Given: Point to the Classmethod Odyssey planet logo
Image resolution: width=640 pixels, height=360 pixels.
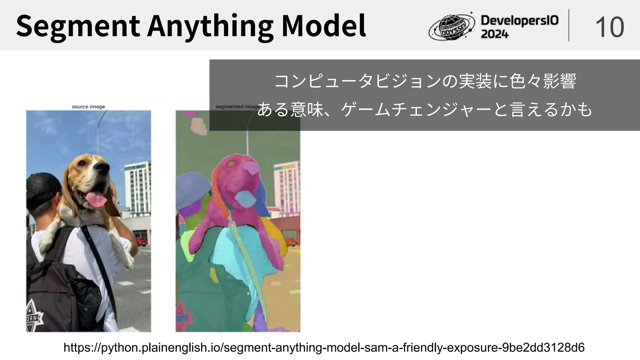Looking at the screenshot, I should [452, 27].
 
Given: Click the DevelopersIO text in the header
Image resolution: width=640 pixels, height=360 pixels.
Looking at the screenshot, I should [519, 21].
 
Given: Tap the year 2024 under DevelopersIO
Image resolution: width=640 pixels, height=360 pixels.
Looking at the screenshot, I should [495, 34].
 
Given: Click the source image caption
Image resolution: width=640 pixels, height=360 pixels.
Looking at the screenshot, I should [88, 107].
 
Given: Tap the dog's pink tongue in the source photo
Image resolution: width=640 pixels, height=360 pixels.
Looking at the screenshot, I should [96, 199].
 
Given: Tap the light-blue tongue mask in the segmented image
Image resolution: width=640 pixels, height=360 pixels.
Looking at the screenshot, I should [245, 198].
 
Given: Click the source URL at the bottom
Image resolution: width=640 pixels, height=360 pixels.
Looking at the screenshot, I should [324, 347].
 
